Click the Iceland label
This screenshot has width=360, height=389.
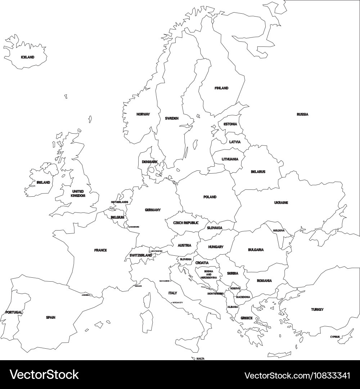pos(27,57)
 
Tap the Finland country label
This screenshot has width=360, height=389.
pos(221,88)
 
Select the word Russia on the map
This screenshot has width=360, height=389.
pos(302,115)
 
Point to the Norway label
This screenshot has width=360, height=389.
pos(143,115)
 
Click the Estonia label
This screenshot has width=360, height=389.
pos(230,124)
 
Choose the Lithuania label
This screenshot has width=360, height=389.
pos(230,159)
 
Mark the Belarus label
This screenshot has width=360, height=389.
pos(258,172)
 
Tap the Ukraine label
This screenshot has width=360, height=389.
pos(281,203)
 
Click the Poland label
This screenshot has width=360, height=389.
pos(210,197)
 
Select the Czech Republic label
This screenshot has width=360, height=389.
pos(186,223)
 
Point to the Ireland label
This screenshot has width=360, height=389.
pos(43,183)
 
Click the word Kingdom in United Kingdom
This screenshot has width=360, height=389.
pos(78,196)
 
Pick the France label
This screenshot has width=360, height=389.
pos(100,250)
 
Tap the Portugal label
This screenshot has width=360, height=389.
pos(14,312)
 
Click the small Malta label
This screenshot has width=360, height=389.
pos(201,359)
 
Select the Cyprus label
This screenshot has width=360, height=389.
pos(335,337)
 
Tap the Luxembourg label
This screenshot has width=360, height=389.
pos(134,227)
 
